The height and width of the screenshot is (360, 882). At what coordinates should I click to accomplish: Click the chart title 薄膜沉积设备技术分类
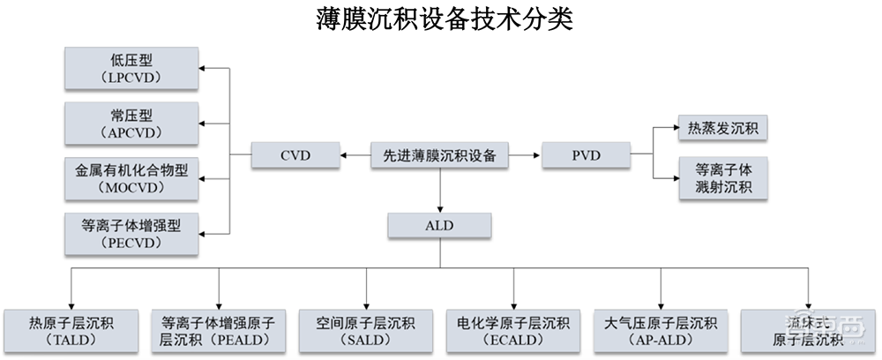[445, 19]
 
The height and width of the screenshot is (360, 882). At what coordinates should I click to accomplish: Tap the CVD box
[296, 156]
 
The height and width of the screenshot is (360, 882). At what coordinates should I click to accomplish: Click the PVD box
[584, 156]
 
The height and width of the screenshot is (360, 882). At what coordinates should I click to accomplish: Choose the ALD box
[439, 226]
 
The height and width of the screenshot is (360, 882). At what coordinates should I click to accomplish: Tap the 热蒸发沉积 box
[721, 129]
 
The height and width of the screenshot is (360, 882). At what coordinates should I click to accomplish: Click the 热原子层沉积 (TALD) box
[71, 329]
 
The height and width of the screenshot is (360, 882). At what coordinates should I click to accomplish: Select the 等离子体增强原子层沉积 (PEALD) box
[218, 329]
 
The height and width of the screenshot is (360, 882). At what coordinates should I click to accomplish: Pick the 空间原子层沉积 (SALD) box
[365, 329]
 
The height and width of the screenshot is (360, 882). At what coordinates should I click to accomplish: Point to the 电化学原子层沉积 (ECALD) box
[512, 329]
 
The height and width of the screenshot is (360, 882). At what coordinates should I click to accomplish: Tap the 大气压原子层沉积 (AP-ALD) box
[660, 329]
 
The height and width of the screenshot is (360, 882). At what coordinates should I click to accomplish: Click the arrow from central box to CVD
[355, 156]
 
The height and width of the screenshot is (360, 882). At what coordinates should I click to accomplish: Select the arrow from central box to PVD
[526, 156]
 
